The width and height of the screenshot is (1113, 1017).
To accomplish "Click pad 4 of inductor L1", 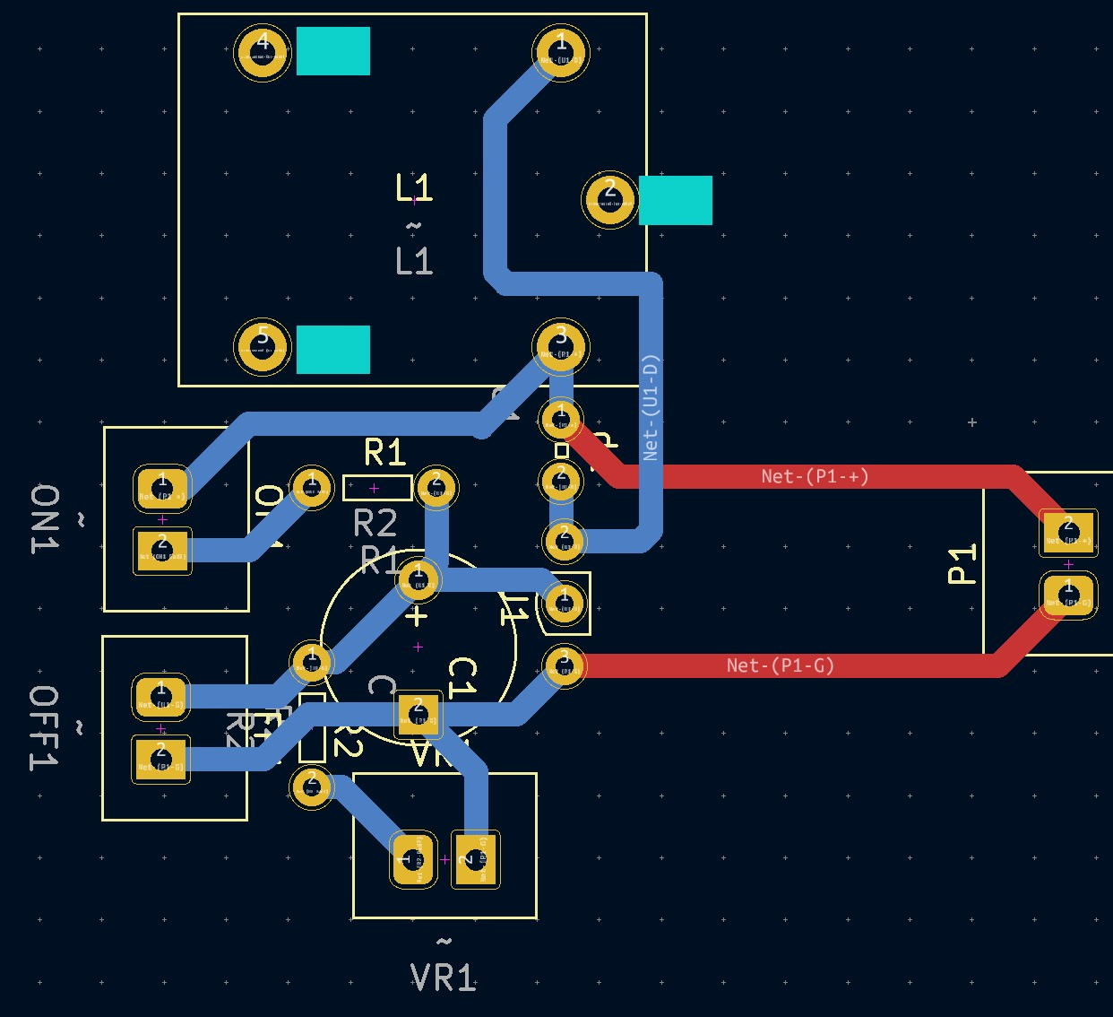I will tap(263, 53).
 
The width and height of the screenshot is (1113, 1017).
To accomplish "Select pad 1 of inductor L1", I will tap(561, 53).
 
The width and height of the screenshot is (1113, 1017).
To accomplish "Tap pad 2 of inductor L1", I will tap(610, 200).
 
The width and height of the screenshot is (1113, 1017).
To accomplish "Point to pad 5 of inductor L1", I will tap(263, 347).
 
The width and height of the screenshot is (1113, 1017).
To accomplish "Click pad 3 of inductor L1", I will tap(560, 346).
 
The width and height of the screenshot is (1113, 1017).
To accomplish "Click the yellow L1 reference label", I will tap(414, 188).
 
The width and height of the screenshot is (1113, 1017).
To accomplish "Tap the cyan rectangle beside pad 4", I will tap(333, 51).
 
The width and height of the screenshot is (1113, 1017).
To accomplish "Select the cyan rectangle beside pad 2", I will tap(676, 200).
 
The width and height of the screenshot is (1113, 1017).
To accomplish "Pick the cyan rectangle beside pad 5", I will tap(333, 349).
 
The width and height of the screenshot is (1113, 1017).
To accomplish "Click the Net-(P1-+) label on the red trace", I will tap(815, 476).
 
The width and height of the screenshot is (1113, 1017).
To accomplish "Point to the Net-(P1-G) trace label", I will tap(780, 665).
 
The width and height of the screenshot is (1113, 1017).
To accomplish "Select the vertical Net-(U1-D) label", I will tap(651, 408).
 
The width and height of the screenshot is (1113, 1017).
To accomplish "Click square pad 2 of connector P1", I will tap(1068, 533).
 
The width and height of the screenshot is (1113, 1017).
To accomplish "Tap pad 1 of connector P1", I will tap(1068, 594).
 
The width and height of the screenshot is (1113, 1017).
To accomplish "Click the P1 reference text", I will tap(962, 564).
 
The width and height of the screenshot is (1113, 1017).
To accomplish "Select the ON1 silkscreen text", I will tap(45, 519).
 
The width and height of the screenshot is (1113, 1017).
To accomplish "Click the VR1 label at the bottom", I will tap(444, 978).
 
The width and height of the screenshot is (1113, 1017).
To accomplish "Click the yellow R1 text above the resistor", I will tap(385, 453).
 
